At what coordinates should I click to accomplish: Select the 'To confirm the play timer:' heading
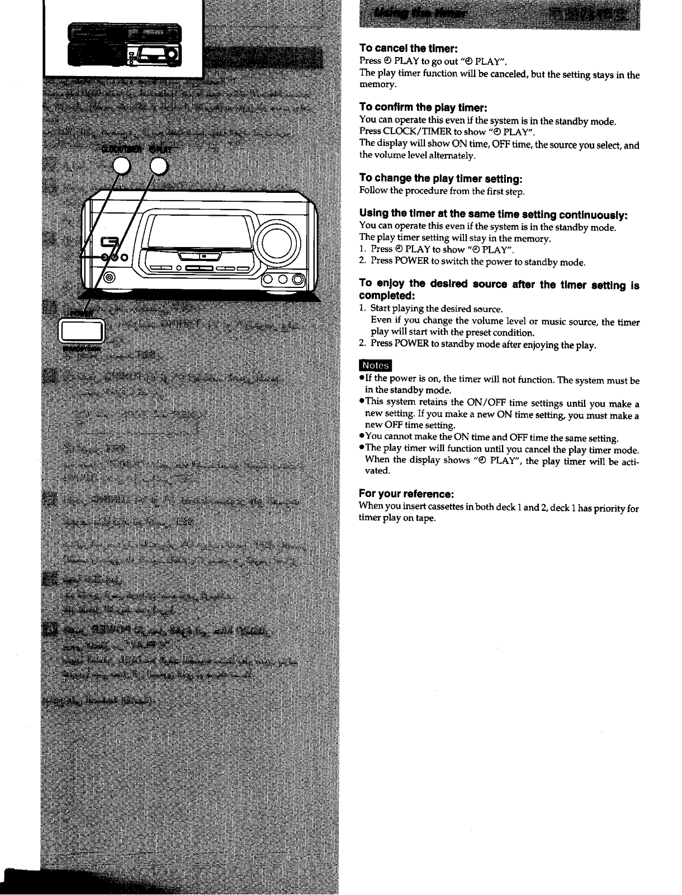click(x=424, y=107)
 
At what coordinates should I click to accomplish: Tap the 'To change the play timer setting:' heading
click(x=441, y=178)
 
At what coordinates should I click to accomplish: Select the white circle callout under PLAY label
click(x=159, y=165)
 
